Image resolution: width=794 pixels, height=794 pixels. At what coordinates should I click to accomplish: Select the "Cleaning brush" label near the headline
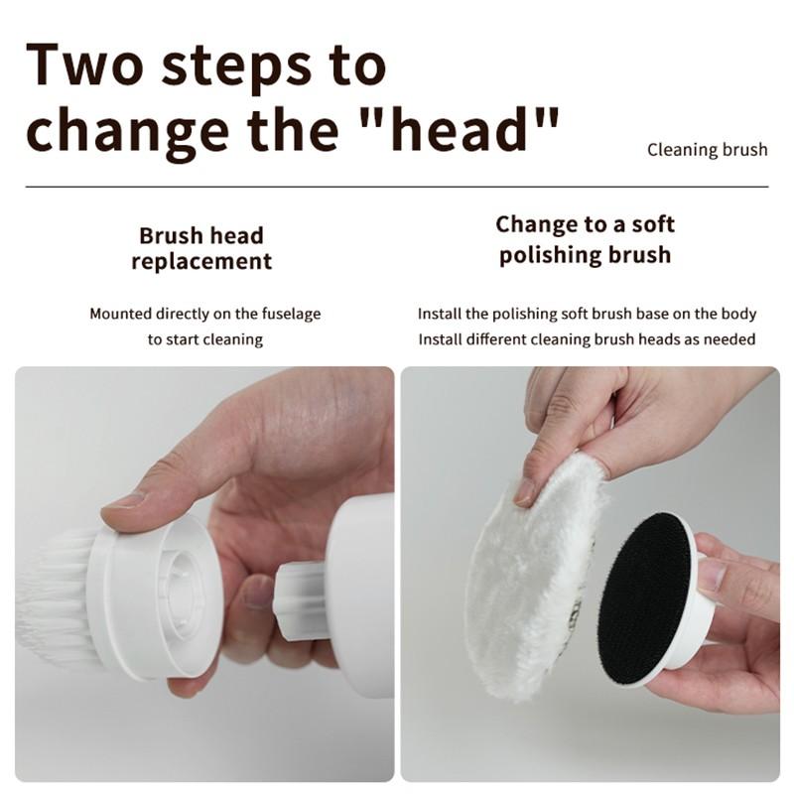pos(707,150)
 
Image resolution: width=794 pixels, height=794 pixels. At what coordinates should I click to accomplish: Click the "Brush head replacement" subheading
pos(200,248)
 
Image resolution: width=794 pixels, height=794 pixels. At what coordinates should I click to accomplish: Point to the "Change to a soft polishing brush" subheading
pos(585,239)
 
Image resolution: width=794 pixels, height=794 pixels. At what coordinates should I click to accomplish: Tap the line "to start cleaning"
pos(205,339)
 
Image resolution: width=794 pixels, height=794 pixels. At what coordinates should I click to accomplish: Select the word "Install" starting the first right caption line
pos(440,314)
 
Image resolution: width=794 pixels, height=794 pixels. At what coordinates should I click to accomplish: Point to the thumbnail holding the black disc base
pos(713,575)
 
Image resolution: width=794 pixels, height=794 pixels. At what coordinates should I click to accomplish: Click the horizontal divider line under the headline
pos(397,186)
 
